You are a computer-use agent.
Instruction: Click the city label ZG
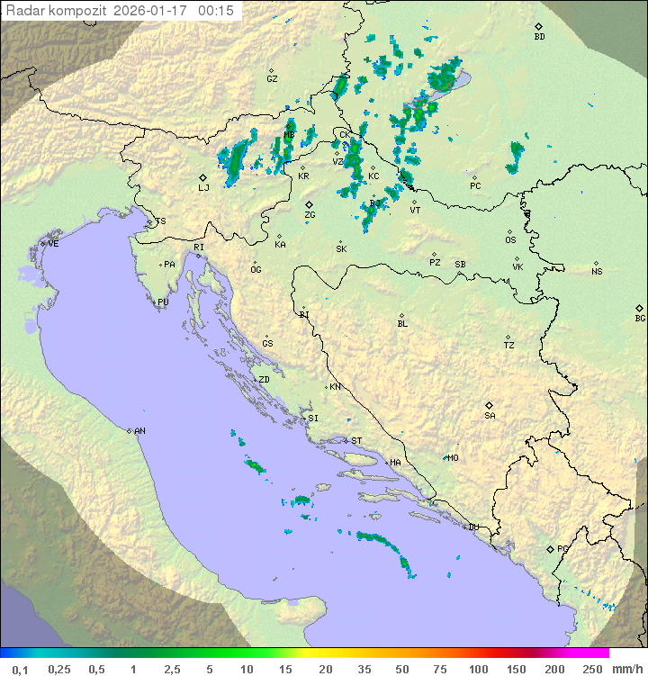coord(310,216)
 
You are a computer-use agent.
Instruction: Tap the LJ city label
coord(203,188)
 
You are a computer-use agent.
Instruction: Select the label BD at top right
coord(539,37)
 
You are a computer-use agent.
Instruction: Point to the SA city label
coord(490,416)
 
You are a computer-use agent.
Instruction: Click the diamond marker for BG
coord(640,308)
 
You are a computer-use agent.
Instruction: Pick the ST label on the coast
coord(356,441)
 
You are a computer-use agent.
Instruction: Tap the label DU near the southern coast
coord(472,527)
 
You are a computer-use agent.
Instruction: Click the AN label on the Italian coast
coord(139,431)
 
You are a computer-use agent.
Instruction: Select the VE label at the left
coord(53,244)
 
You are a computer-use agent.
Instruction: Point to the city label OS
coord(510,240)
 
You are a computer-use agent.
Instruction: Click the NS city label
coord(597,272)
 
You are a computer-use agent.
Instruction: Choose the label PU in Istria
coord(163,302)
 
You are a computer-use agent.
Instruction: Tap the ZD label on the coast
coord(264,380)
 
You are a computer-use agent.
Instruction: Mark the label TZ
coord(509,346)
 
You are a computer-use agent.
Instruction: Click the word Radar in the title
coord(24,11)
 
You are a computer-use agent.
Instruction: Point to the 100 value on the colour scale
coord(478,669)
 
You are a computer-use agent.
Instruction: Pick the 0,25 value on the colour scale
coord(59,669)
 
